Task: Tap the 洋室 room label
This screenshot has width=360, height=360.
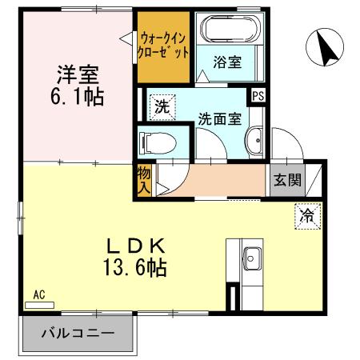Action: coord(78,76)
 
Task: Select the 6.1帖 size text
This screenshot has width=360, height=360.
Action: coord(78,98)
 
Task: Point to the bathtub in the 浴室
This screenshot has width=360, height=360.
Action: coord(231,29)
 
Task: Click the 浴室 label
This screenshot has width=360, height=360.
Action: coord(230,61)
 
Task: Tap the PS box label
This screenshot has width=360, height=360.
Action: coord(258,95)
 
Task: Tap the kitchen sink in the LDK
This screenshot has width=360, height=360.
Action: coord(250,259)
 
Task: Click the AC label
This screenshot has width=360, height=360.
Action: coord(38,294)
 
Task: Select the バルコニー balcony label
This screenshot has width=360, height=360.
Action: coord(78,334)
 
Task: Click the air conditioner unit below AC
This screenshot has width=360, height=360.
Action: coord(39,305)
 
